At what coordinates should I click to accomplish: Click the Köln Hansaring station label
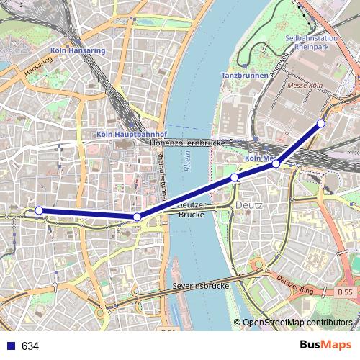(x=78, y=51)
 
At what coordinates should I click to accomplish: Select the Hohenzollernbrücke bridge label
(x=189, y=143)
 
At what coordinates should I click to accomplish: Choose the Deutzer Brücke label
(x=192, y=210)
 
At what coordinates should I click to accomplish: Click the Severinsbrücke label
(x=201, y=286)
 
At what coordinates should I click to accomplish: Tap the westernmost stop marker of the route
(x=39, y=210)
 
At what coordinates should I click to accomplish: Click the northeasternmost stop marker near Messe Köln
(x=321, y=123)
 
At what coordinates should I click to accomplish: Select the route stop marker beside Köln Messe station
(x=276, y=164)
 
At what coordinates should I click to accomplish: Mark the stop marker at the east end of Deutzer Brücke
(x=234, y=177)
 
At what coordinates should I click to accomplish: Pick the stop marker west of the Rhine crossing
(x=137, y=217)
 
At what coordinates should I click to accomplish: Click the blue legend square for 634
(x=10, y=346)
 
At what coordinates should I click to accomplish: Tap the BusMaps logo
(x=326, y=345)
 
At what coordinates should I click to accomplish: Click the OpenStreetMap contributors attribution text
(x=297, y=323)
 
